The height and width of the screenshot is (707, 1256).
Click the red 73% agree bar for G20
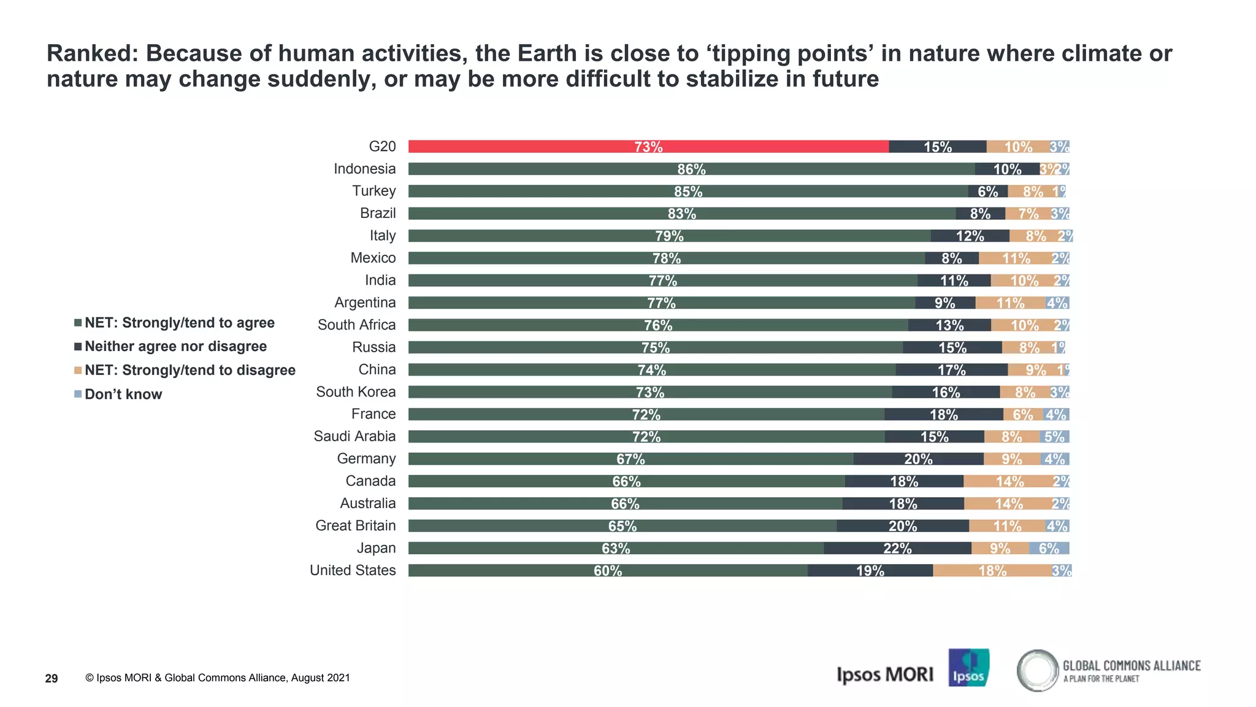(x=648, y=147)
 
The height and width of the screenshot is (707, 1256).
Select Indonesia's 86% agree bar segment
(x=691, y=169)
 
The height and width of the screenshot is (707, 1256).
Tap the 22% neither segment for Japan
(x=897, y=548)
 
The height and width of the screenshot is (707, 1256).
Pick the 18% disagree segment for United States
(x=992, y=571)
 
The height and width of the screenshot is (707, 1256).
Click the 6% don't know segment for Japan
(x=1049, y=548)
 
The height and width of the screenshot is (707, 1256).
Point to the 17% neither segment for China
(x=951, y=369)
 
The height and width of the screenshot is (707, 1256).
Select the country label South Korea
(x=356, y=392)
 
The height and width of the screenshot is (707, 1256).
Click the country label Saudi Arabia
(x=354, y=436)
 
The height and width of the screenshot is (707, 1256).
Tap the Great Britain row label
(x=355, y=525)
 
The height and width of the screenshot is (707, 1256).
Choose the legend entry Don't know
(x=123, y=394)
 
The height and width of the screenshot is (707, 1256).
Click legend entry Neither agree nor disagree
(x=175, y=346)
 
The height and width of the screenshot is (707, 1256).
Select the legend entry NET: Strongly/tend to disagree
(x=190, y=370)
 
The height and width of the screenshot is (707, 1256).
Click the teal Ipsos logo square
(x=968, y=668)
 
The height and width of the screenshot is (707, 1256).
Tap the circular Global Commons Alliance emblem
(x=1037, y=670)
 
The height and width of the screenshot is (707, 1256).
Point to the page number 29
(x=52, y=678)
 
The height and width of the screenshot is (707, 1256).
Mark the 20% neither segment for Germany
(x=918, y=459)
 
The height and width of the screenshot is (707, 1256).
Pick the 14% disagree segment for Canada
(x=1009, y=481)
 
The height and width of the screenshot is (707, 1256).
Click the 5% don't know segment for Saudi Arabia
(x=1054, y=436)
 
